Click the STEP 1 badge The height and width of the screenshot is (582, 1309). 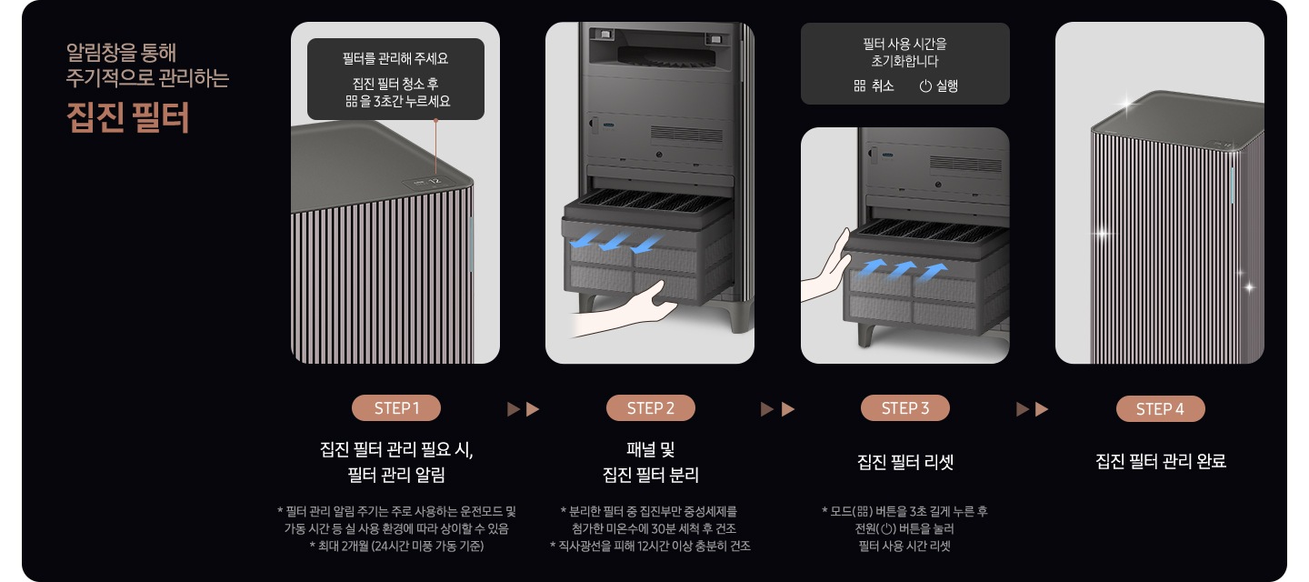point(395,408)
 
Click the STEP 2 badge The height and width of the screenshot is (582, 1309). point(650,408)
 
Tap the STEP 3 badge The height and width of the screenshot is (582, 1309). point(904,408)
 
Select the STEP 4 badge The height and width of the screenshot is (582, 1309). point(1160,409)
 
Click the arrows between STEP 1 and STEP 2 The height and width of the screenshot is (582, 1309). point(523,409)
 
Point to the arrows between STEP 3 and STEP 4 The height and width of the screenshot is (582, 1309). point(1032,409)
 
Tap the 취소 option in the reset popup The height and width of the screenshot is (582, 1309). point(874,86)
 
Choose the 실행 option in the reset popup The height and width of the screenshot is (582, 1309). point(938,86)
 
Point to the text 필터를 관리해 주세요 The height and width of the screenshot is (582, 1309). point(395,59)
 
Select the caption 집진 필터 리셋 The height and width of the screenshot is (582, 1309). point(904,462)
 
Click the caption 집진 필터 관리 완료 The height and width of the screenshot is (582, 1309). point(1160,462)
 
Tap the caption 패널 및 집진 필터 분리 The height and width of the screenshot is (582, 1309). point(650,462)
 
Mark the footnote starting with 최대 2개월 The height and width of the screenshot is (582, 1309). point(395,546)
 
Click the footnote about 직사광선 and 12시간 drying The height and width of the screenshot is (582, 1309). point(650,546)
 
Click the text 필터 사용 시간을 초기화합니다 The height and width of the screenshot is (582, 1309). point(904,52)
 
